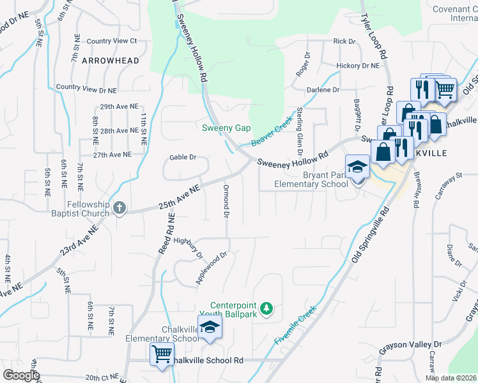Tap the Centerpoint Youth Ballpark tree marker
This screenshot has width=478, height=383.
267,310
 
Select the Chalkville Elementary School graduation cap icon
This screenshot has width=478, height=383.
208,328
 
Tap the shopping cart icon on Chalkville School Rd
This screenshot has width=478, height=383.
162,353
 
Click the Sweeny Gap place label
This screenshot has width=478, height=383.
226,128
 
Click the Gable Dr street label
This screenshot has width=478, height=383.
182,157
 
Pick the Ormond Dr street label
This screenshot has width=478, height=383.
226,201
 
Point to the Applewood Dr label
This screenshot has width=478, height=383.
212,268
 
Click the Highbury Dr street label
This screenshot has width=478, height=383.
188,246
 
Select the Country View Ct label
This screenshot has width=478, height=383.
112,41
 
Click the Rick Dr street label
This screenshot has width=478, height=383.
344,41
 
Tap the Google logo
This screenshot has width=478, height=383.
20,375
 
